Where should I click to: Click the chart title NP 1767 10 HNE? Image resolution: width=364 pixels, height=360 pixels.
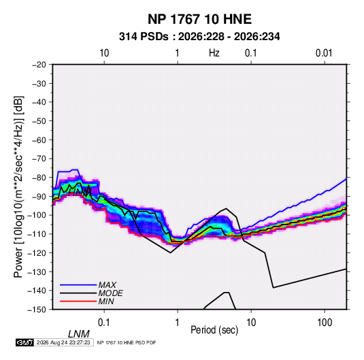(199, 19)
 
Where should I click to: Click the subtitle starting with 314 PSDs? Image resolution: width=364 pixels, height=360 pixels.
(199, 37)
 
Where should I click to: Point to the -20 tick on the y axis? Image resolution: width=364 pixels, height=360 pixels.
(39, 65)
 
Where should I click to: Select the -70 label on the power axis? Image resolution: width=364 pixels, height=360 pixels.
(39, 159)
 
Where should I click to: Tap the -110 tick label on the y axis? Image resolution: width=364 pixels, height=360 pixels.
(37, 234)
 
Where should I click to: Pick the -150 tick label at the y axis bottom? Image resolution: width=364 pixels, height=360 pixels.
(37, 310)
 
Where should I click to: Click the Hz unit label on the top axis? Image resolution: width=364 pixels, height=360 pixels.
(214, 53)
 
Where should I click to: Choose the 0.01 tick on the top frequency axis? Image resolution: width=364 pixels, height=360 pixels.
(324, 53)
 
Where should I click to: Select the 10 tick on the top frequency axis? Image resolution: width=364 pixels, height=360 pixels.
(104, 53)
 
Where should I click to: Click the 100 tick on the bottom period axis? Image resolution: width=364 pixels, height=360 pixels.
(325, 323)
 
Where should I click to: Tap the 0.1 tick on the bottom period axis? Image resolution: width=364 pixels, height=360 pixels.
(104, 323)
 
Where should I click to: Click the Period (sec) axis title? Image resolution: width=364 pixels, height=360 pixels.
(214, 330)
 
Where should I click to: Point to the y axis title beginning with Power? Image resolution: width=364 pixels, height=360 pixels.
(18, 186)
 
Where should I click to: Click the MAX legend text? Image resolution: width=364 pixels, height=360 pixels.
(107, 285)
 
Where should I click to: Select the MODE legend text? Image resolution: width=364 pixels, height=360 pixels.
(110, 293)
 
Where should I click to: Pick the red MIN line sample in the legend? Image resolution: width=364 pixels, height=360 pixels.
(78, 301)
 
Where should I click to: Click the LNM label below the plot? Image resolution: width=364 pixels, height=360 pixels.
(79, 334)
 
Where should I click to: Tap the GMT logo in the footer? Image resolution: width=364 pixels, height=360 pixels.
(24, 342)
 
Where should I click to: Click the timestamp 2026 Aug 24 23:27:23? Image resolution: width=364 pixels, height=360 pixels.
(63, 342)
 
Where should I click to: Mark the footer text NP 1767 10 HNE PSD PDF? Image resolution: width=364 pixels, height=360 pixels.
(127, 342)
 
